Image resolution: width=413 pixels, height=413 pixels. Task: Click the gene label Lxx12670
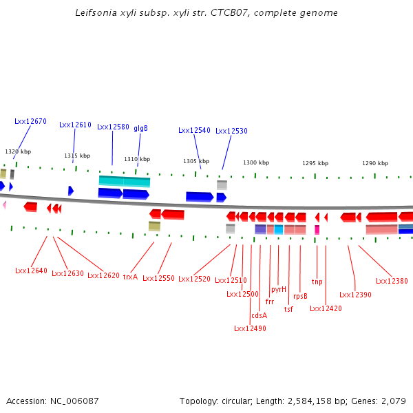click(30, 121)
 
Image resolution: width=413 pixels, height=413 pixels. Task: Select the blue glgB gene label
click(140, 128)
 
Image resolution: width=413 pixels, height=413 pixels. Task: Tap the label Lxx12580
click(113, 127)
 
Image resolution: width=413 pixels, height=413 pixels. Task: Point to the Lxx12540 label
click(194, 130)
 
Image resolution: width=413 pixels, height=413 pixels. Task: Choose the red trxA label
click(130, 277)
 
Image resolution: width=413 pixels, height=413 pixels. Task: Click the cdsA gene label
click(259, 315)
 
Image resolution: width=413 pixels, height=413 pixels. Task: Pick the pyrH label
click(279, 289)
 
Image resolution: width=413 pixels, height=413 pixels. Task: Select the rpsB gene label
click(300, 296)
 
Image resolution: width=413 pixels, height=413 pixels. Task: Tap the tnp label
click(317, 282)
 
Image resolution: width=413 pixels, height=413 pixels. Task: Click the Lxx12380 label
click(392, 281)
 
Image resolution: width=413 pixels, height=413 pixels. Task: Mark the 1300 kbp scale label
click(255, 162)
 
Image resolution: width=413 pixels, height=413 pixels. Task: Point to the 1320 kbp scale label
click(18, 151)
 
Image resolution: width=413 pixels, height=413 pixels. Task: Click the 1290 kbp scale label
click(375, 163)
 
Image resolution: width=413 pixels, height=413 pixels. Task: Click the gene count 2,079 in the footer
click(393, 401)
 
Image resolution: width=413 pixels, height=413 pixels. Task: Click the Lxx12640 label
click(31, 271)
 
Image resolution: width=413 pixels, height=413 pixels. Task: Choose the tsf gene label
click(288, 309)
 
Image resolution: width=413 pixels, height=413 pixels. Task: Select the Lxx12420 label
click(326, 308)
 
